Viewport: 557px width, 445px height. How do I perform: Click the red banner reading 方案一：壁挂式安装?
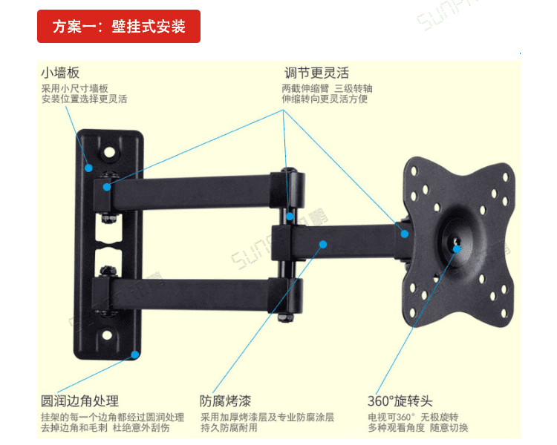[x=119, y=27]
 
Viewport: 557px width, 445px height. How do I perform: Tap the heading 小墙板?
[x=60, y=73]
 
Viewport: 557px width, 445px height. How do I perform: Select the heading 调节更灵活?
[x=316, y=73]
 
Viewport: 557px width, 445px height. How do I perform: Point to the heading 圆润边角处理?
[x=80, y=401]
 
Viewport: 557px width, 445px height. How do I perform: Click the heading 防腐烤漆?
[x=224, y=401]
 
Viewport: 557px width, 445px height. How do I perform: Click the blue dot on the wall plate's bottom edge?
[x=134, y=354]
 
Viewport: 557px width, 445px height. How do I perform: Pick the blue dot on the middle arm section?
[x=322, y=243]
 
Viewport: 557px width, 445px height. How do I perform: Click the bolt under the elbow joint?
[x=284, y=315]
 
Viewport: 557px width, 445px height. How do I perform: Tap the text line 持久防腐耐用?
[x=229, y=428]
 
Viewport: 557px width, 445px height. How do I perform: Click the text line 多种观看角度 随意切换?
[x=417, y=428]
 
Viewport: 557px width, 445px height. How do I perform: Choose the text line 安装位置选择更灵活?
[x=84, y=99]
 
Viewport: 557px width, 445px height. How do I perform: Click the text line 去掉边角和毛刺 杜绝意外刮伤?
[x=105, y=428]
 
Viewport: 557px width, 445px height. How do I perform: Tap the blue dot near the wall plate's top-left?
[x=88, y=168]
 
